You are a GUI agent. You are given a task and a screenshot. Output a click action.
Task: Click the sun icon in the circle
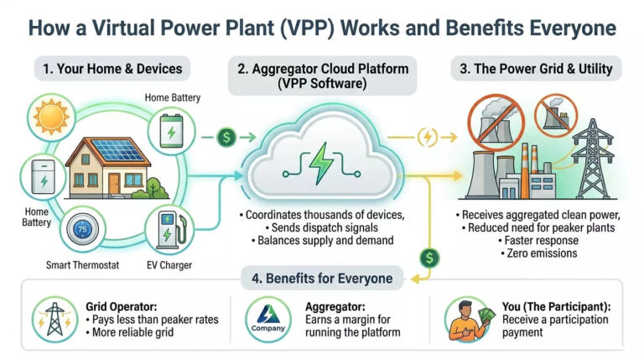51,117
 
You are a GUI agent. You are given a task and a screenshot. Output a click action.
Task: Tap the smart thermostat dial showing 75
83,229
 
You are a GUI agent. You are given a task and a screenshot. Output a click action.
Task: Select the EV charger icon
170,230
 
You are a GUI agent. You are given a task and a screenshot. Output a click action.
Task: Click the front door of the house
114,183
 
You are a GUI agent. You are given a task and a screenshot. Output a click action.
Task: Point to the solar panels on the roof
118,150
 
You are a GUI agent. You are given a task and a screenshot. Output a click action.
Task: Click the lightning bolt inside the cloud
321,163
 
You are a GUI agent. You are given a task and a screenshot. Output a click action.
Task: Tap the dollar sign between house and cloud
226,137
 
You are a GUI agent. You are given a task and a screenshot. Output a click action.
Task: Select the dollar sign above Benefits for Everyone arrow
429,258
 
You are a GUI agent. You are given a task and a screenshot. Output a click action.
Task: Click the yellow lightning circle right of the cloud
427,138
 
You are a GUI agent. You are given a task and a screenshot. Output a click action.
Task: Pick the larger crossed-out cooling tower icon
496,123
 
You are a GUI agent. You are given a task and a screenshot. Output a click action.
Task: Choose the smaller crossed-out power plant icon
556,115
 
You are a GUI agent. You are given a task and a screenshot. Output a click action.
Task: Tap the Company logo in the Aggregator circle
268,319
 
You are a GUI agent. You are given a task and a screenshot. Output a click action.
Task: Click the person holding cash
468,321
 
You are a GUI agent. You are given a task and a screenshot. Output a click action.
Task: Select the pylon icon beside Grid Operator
55,320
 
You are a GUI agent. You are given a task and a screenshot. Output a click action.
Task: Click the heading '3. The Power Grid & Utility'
536,69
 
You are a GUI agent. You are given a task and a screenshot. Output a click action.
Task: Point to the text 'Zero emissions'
542,253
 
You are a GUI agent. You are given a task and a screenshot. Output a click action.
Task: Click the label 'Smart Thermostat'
82,265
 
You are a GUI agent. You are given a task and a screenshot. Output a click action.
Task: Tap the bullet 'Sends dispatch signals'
325,227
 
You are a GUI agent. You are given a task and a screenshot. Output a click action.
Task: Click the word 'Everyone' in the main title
573,29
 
